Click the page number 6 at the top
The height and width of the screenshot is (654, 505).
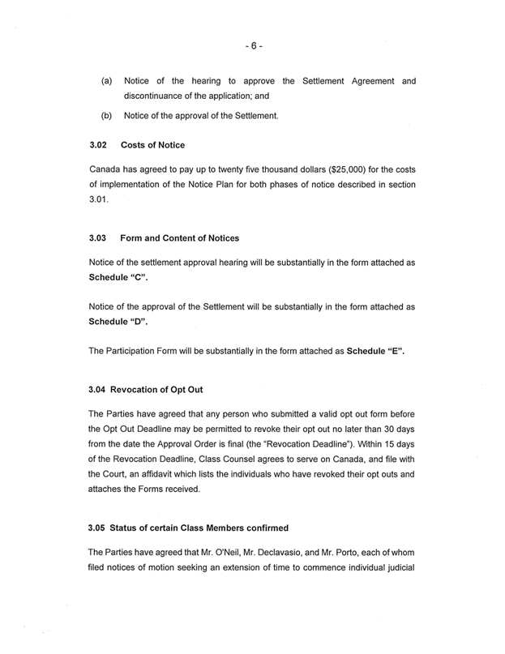coord(252,46)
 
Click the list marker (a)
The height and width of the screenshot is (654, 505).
coord(106,82)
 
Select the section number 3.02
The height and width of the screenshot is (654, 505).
coord(97,145)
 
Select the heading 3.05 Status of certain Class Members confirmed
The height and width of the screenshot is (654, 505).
coord(188,528)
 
